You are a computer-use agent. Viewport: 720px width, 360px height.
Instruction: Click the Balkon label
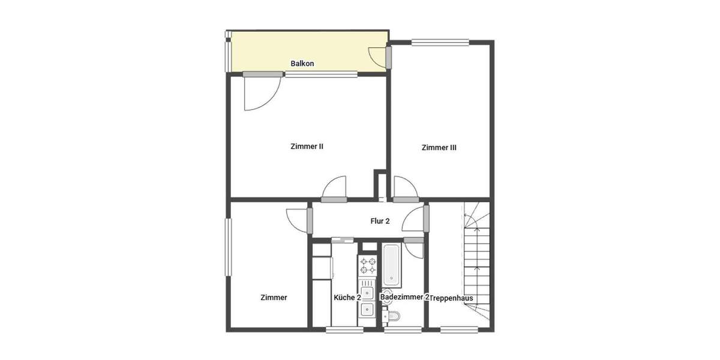(302, 64)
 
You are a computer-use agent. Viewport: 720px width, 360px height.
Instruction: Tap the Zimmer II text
(307, 146)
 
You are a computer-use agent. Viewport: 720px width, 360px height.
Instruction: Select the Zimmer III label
(439, 147)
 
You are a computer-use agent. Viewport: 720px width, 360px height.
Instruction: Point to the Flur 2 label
(380, 221)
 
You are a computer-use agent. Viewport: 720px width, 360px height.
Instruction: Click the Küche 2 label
(347, 298)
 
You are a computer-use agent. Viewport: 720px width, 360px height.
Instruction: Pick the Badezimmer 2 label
(404, 297)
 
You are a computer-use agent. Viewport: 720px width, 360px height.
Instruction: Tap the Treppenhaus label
(452, 298)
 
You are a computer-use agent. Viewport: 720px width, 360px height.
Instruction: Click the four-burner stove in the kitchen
(367, 265)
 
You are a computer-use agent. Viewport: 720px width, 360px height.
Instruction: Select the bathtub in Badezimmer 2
(391, 265)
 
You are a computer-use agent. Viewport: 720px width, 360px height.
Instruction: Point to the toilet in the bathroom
(392, 316)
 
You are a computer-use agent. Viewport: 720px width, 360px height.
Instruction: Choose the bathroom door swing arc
(415, 248)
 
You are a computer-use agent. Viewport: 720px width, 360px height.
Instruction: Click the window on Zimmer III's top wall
(441, 41)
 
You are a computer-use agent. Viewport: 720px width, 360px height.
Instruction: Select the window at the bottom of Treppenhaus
(460, 329)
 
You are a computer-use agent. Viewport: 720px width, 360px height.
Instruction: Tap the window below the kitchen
(344, 329)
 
